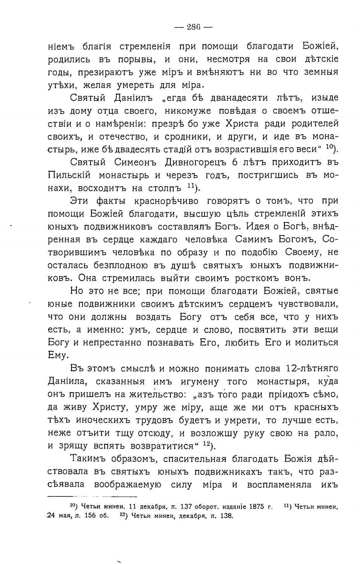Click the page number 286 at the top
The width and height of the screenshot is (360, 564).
pos(193,27)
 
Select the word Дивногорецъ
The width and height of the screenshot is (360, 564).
pos(196,162)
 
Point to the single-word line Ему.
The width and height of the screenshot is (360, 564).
pos(58,355)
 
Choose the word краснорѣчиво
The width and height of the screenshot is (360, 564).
pos(168,201)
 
